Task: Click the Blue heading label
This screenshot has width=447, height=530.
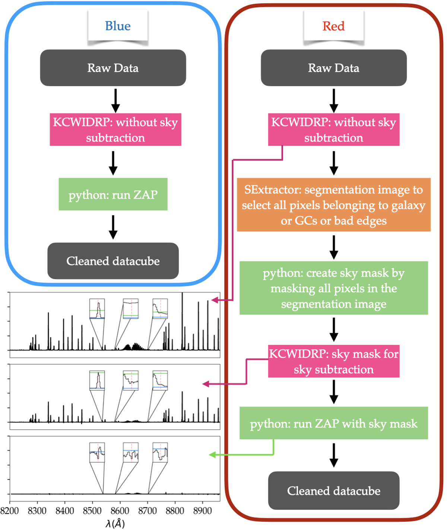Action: coord(118,26)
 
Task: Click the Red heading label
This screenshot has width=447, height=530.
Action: coord(333,26)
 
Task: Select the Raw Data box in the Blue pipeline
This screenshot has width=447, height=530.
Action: coord(113,68)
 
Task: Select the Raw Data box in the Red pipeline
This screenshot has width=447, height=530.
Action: coord(333,68)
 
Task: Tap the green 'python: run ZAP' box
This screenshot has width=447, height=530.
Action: coord(113,194)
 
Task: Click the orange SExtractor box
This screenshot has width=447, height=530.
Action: coord(333,205)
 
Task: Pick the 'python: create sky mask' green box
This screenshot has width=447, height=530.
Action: coord(333,288)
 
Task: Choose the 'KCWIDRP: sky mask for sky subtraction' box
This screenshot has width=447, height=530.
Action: coord(333,361)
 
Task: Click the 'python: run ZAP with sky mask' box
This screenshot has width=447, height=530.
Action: coord(333,423)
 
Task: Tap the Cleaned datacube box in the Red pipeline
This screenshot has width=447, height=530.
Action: coord(333,490)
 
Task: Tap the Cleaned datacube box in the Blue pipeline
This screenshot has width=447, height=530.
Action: coord(113,261)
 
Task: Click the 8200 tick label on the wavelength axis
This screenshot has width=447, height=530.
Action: coord(10,511)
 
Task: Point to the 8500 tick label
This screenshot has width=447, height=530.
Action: coord(92,511)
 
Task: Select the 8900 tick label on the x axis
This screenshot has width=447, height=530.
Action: coord(202,511)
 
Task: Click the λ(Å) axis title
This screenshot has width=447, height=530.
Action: coord(115,523)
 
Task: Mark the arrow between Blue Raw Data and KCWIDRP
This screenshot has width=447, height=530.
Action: coord(116,101)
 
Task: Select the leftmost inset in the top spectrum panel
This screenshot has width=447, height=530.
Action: coord(97,309)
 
